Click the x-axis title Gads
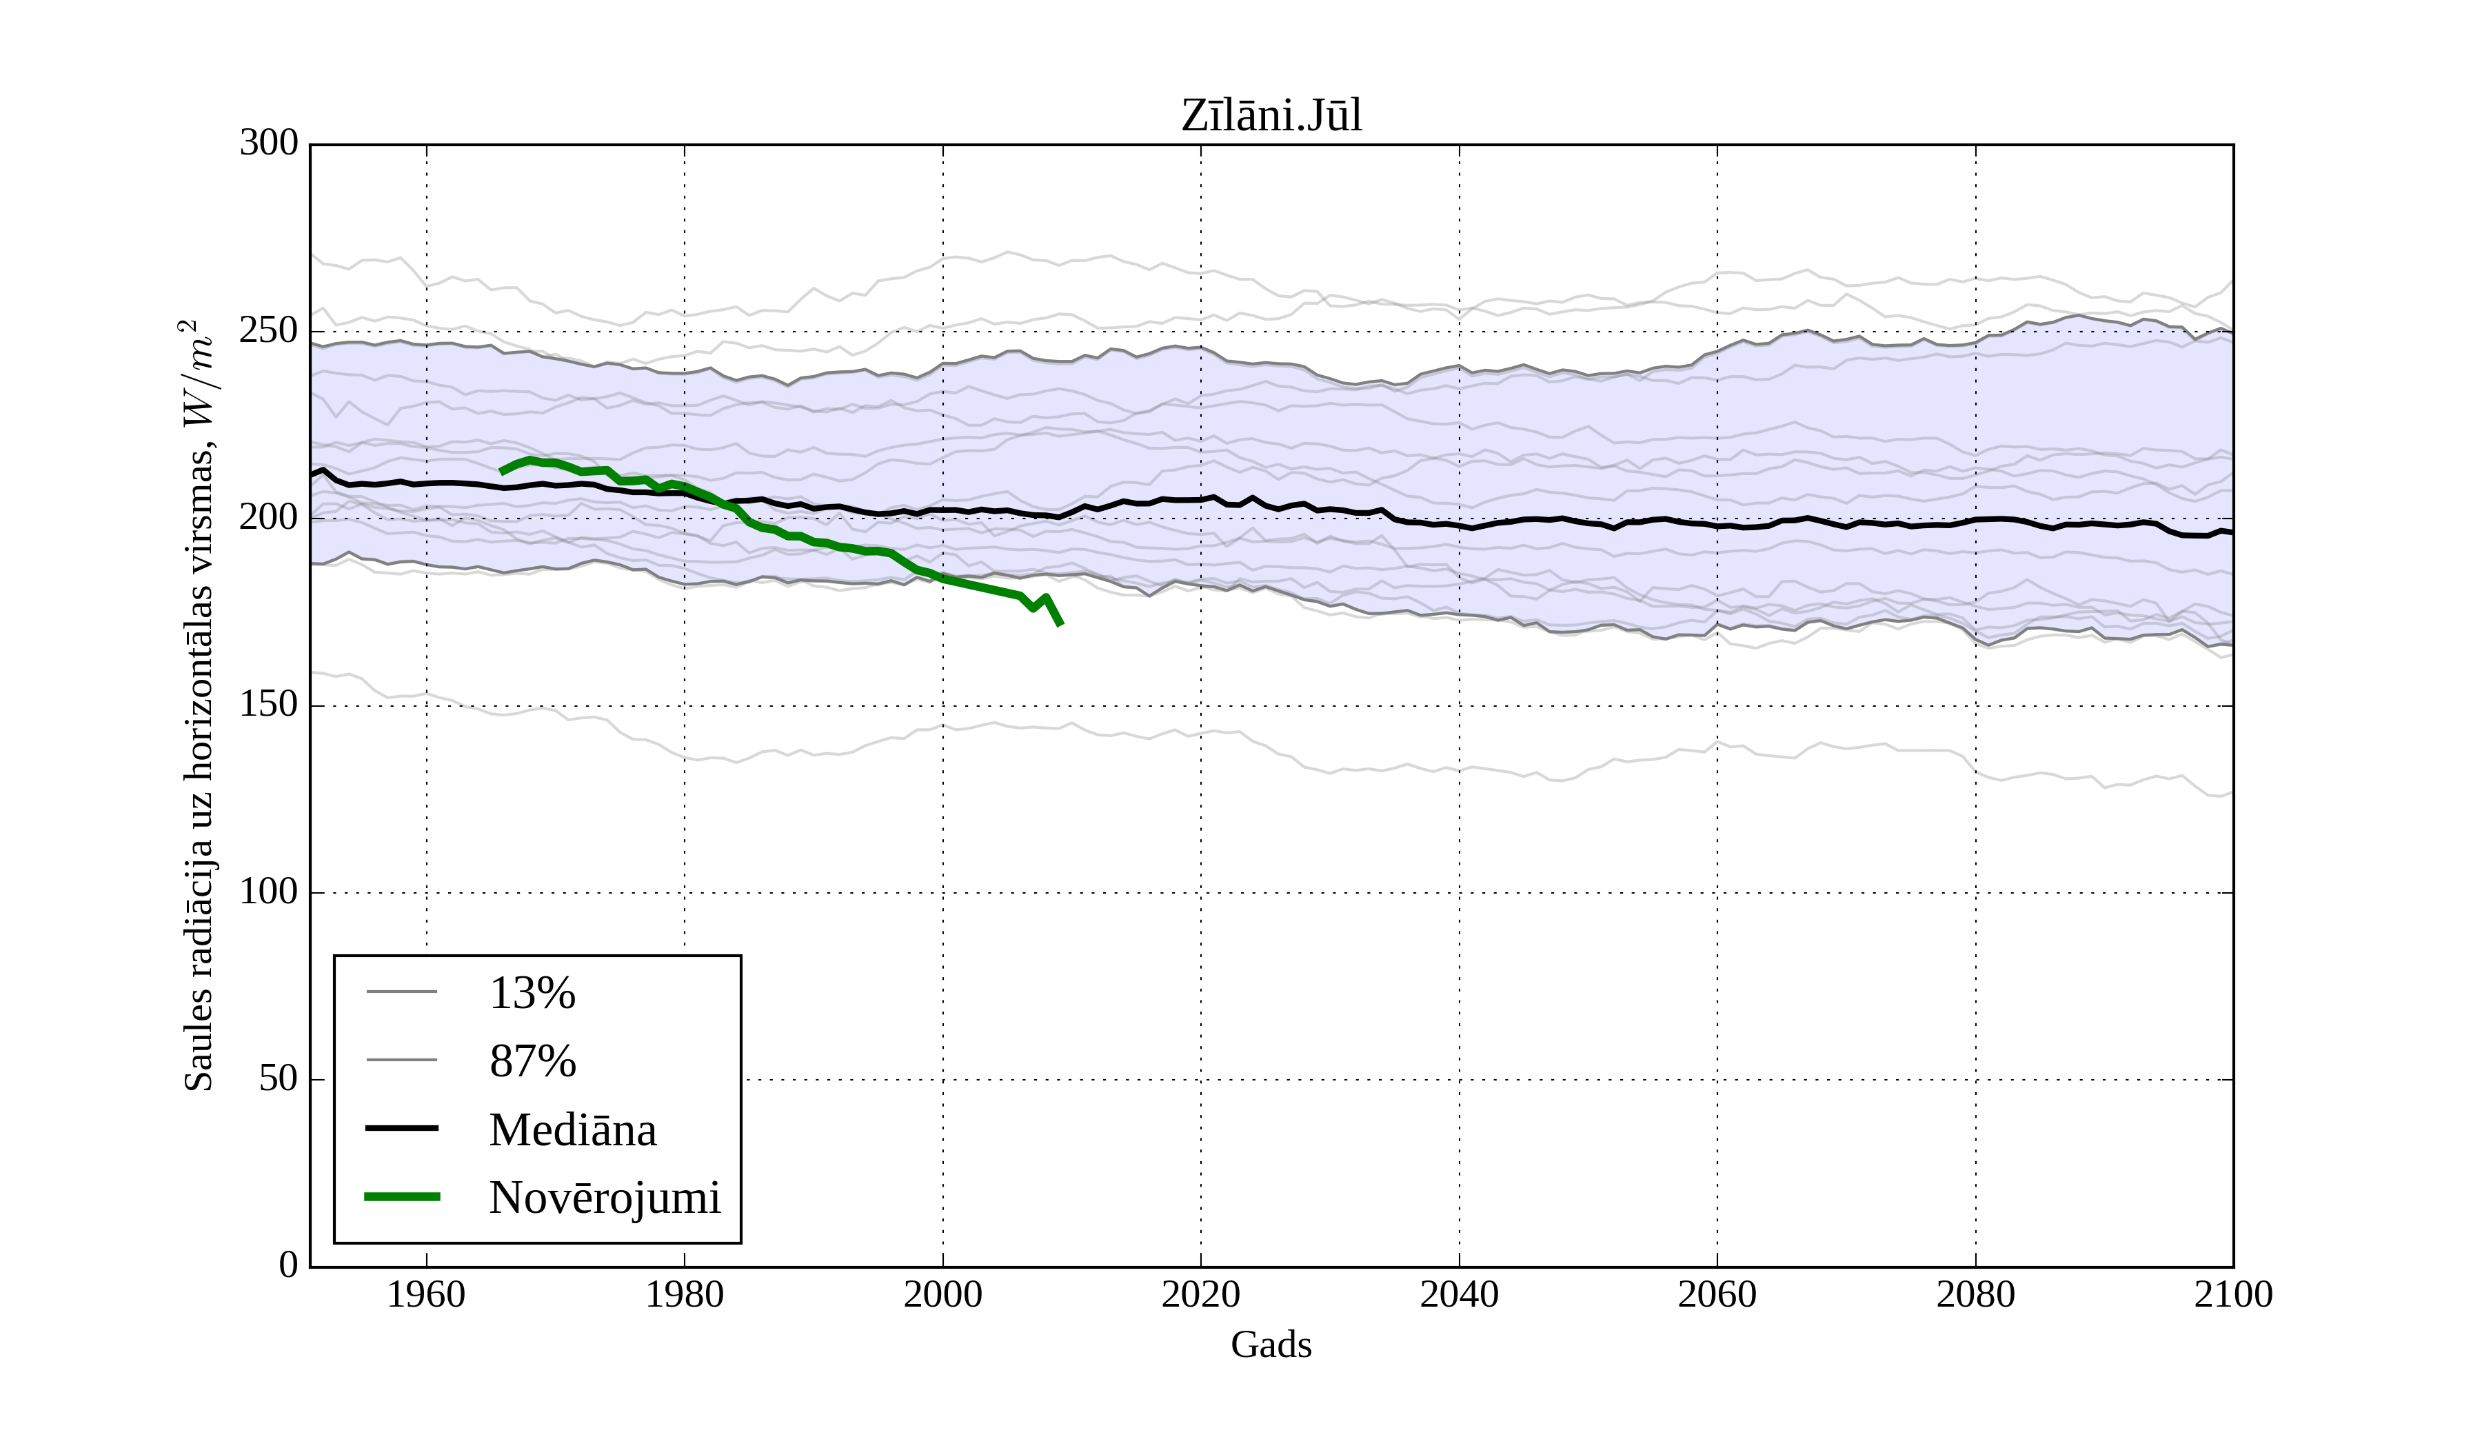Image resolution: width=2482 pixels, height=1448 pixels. pos(1271,1345)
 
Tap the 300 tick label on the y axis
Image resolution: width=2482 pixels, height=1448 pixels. pos(269,144)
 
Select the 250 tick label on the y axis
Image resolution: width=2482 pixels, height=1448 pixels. pos(269,331)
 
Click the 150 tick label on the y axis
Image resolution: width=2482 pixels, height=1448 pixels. pos(269,705)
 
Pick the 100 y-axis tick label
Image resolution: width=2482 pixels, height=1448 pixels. pos(269,892)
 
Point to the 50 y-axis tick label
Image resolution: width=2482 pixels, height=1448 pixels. pos(278,1080)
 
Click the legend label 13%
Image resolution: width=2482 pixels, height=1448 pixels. pos(532,993)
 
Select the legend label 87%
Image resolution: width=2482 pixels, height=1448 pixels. pos(532,1061)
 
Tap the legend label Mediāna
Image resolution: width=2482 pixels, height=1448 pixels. pos(572,1130)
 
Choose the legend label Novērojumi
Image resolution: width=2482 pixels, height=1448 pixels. pos(605,1198)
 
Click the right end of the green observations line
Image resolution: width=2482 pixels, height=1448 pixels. pos(1060,623)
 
